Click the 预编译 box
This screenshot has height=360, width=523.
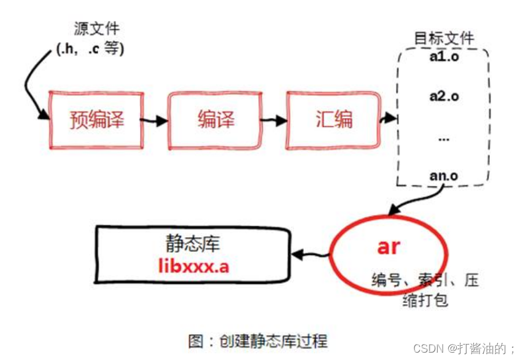(x=96, y=119)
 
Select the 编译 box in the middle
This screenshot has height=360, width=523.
(x=215, y=119)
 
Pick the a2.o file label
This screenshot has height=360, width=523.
(x=444, y=96)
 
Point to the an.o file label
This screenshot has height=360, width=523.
(x=443, y=175)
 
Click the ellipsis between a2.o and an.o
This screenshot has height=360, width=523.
(x=444, y=138)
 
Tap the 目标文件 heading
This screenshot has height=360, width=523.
(x=444, y=37)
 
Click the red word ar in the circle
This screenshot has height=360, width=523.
(x=388, y=246)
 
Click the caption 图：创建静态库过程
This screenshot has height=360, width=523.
(x=258, y=340)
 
